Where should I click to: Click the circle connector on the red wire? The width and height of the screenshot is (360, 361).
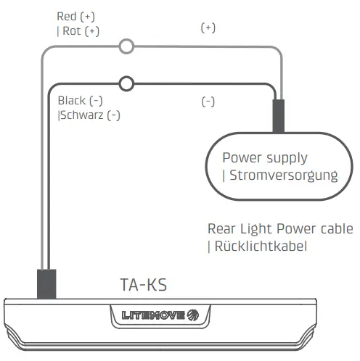pos(127,47)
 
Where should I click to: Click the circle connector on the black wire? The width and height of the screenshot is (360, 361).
pos(127,83)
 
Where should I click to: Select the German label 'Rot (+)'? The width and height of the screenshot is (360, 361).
pos(81,31)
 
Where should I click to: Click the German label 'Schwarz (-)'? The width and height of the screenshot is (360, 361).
pos(90,115)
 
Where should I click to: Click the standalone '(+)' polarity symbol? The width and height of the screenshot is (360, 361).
pos(208,28)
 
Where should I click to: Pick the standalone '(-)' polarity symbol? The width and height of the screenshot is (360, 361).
pos(208,102)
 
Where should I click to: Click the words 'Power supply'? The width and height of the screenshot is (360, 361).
pos(264,157)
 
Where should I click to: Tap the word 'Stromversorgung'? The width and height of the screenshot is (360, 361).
pos(284,175)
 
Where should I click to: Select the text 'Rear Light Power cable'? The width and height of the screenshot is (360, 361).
pos(280,229)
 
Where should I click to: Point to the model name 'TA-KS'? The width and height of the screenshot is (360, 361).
pos(143,285)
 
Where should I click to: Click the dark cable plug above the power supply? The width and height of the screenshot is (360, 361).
pos(278,117)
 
